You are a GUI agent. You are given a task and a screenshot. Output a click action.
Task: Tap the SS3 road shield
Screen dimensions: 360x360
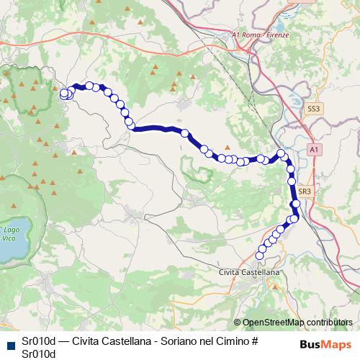coord(312,109)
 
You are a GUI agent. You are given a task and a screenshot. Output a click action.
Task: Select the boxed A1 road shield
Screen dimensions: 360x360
coord(313,149)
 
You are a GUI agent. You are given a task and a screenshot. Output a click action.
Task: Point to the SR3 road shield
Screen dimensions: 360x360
coord(304,192)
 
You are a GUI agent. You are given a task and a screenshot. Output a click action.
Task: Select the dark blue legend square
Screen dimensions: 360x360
coord(10,342)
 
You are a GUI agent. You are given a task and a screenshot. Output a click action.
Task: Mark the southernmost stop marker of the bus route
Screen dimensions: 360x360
coord(261,255)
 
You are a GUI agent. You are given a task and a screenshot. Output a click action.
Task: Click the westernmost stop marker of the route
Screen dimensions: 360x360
coord(63,93)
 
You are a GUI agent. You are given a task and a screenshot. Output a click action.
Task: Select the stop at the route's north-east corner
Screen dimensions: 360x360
coord(282,153)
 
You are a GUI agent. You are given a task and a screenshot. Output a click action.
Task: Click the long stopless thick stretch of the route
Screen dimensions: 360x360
coord(158,130)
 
